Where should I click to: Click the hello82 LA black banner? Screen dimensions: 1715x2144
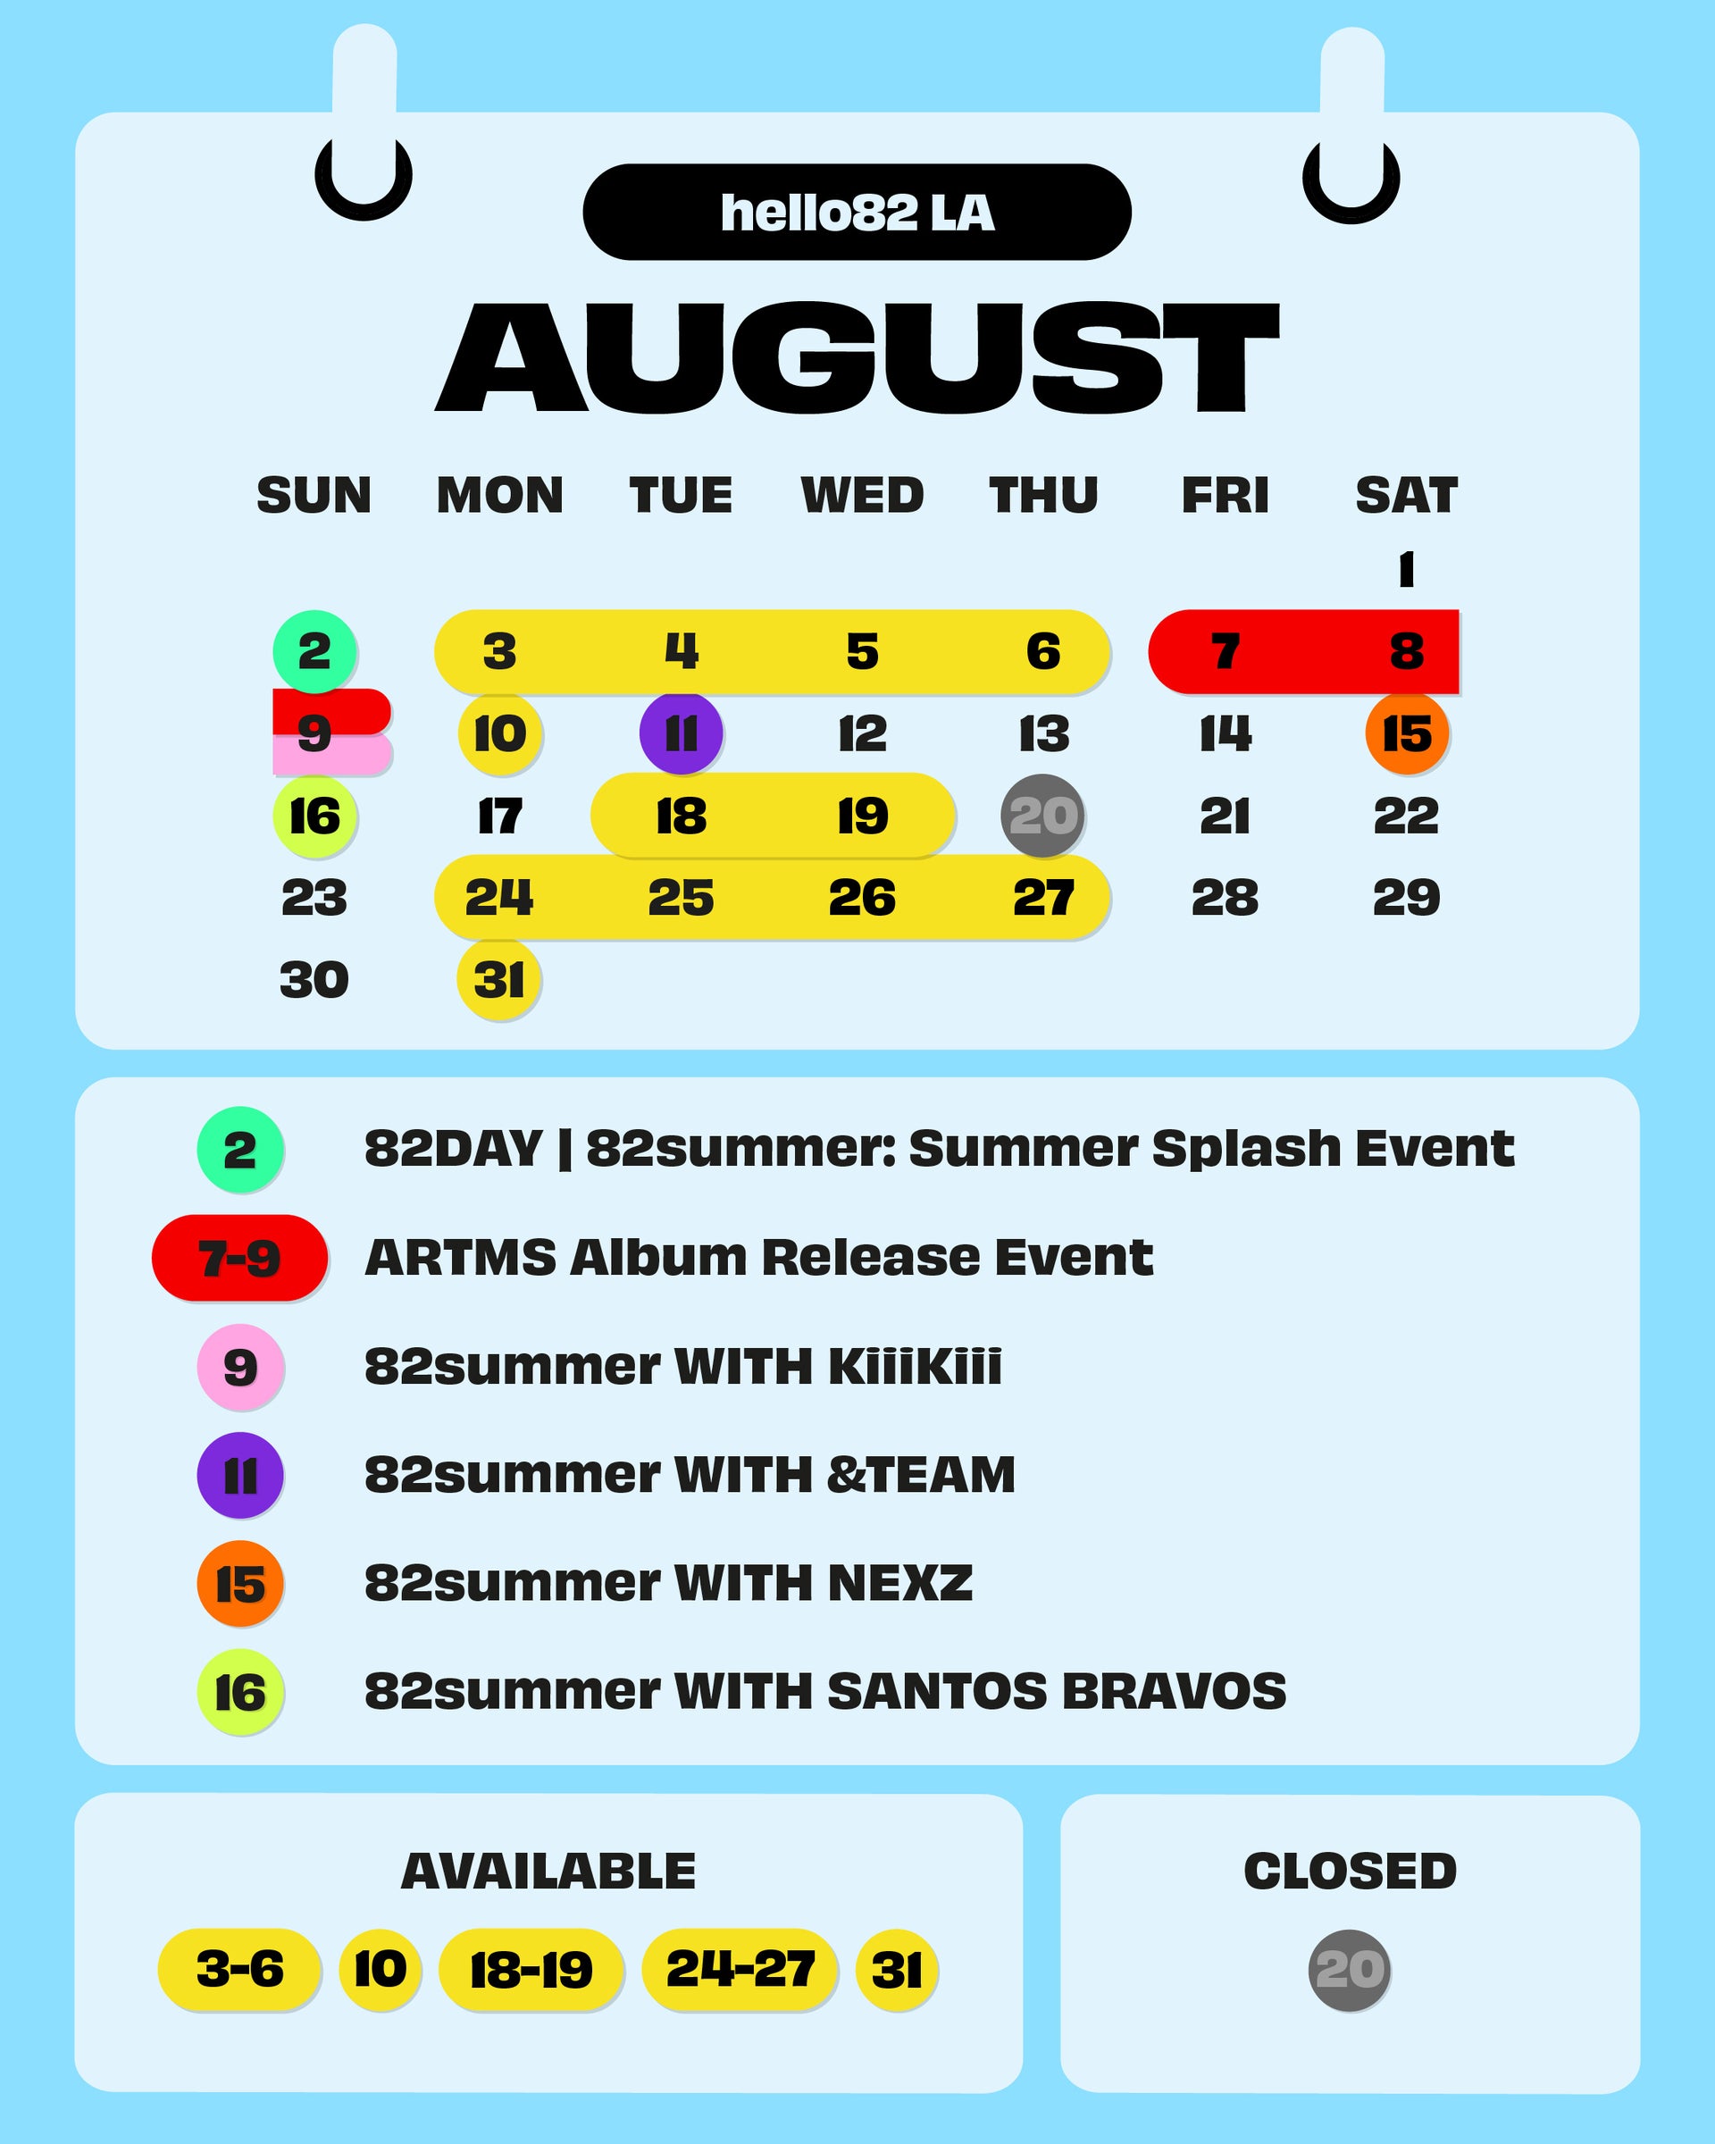coord(857,212)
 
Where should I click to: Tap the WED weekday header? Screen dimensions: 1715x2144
coord(862,495)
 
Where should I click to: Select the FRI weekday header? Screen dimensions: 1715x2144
coord(1225,495)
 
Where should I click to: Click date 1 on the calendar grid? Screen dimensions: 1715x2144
coord(1406,570)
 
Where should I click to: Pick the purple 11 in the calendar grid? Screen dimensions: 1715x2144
coord(681,734)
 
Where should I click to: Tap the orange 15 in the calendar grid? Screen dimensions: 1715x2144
coord(1407,734)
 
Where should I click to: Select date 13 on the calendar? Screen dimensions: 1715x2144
coord(1044,734)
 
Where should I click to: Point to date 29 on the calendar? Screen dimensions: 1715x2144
coord(1407,898)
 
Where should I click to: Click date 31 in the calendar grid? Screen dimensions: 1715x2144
coord(499,981)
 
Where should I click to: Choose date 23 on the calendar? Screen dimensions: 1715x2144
coord(315,898)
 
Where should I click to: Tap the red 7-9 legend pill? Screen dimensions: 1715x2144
coord(239,1258)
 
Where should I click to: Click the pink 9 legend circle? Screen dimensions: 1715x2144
coord(240,1368)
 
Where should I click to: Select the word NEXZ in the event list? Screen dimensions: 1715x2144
coord(899,1583)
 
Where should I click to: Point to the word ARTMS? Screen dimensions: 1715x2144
coord(461,1258)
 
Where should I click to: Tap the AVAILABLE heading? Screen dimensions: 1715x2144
coord(548,1872)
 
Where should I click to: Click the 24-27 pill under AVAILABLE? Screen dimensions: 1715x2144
coord(740,1970)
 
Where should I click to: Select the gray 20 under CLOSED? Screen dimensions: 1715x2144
coord(1349,1970)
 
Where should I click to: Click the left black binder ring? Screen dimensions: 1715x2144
coord(364,205)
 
